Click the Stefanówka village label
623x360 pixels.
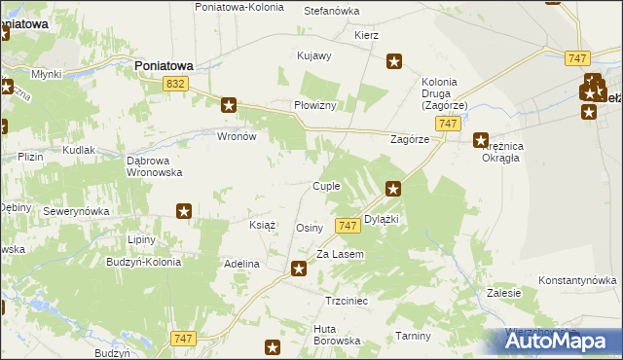[x=332, y=11]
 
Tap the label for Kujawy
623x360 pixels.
[x=314, y=56]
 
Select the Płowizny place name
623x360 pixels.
[x=315, y=105]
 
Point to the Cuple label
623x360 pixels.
[x=325, y=186]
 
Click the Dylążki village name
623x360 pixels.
[x=382, y=220]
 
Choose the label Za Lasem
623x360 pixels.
[x=340, y=254]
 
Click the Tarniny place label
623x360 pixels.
[x=414, y=336]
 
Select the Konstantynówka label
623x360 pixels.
[x=577, y=279]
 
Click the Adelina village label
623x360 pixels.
[x=241, y=264]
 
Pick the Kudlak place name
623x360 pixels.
[x=79, y=151]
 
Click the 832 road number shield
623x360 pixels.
[x=175, y=86]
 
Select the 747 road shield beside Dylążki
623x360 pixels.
[x=348, y=226]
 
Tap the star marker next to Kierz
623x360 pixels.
[x=394, y=62]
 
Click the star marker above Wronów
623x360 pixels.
[x=229, y=105]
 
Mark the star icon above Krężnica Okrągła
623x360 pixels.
[x=481, y=140]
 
